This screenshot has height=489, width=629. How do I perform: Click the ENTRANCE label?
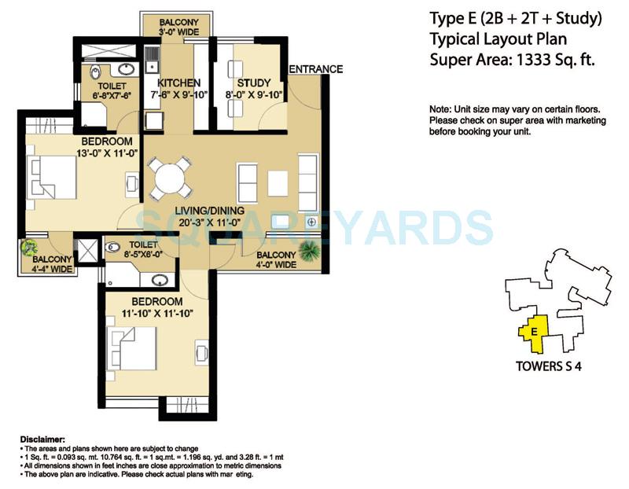(315, 69)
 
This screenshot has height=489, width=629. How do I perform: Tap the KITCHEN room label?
(178, 83)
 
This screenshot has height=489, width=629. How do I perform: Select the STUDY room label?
(253, 83)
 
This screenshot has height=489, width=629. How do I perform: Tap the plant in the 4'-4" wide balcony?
(31, 250)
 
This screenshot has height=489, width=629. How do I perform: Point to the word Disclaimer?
(43, 438)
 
